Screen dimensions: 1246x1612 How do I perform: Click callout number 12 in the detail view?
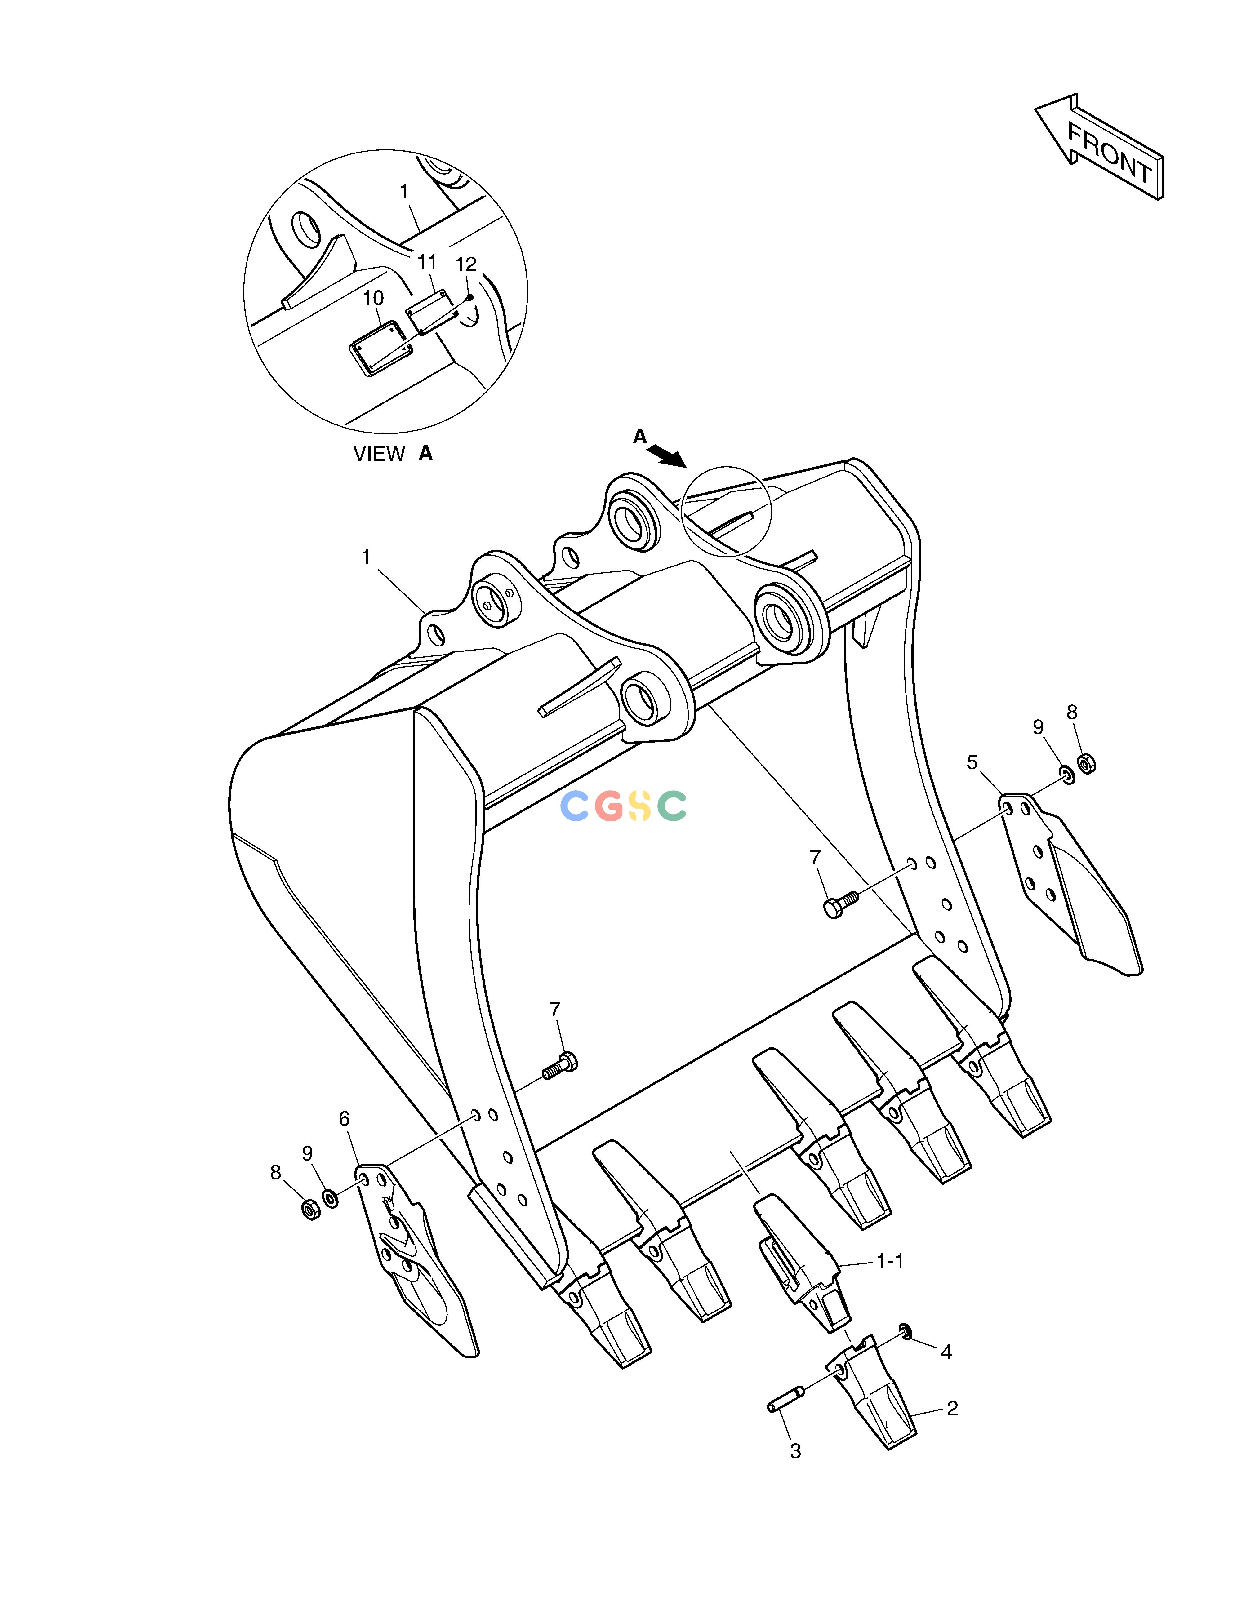coord(466,264)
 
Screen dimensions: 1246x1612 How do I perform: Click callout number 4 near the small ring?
coord(946,1352)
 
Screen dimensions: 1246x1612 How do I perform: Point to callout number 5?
coord(972,762)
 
